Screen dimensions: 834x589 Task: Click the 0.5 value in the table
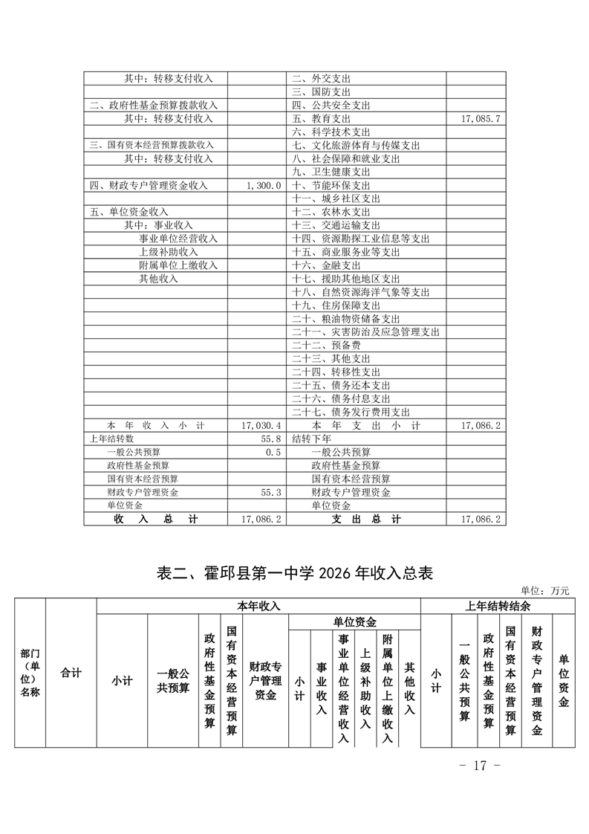273,452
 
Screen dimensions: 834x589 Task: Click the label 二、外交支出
321,79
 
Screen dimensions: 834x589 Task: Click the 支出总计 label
366,520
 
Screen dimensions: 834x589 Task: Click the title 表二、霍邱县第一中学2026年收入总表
295,573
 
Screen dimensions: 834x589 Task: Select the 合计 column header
71,673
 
